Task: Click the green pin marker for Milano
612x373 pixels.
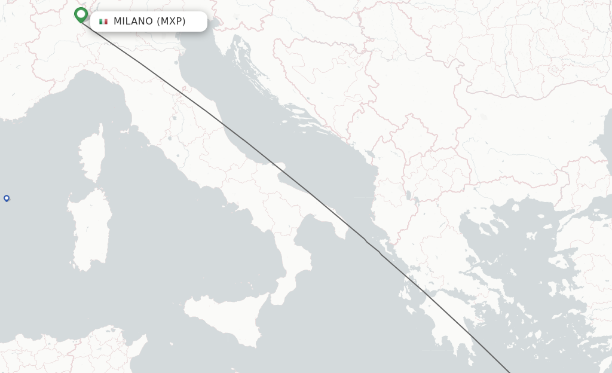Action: (81, 14)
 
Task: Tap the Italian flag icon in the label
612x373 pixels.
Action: (103, 22)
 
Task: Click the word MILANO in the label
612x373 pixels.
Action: (133, 22)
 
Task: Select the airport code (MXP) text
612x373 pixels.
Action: (171, 22)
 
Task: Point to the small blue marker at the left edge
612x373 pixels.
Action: (7, 198)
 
